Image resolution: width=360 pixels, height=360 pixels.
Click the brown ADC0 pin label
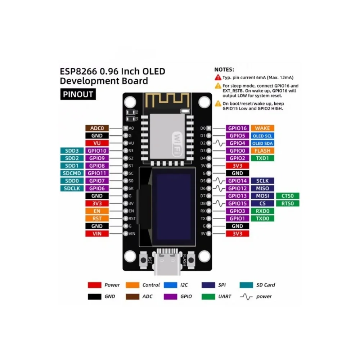click(97, 128)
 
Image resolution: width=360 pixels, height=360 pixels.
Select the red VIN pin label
click(97, 234)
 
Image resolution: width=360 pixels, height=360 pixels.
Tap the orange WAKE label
click(262, 128)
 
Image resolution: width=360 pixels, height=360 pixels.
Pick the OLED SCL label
click(262, 136)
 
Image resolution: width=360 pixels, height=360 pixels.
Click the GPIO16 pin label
click(238, 128)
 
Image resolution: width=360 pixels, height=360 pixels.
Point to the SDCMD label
click(72, 173)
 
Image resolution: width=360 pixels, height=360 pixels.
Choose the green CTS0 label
click(288, 196)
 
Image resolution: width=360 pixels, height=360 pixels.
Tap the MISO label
click(262, 188)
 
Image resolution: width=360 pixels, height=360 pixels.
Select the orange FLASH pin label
click(262, 151)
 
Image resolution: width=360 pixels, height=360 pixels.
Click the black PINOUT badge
click(78, 95)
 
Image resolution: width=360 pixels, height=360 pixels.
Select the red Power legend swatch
click(94, 285)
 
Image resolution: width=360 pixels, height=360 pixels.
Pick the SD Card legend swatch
click(246, 285)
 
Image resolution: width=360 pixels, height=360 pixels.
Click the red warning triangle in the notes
click(218, 77)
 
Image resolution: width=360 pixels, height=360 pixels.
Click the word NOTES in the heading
click(224, 69)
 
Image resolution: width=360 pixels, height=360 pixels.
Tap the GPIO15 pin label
click(238, 203)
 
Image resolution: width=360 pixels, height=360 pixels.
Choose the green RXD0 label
click(262, 211)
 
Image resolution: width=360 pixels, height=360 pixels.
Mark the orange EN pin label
click(97, 211)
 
